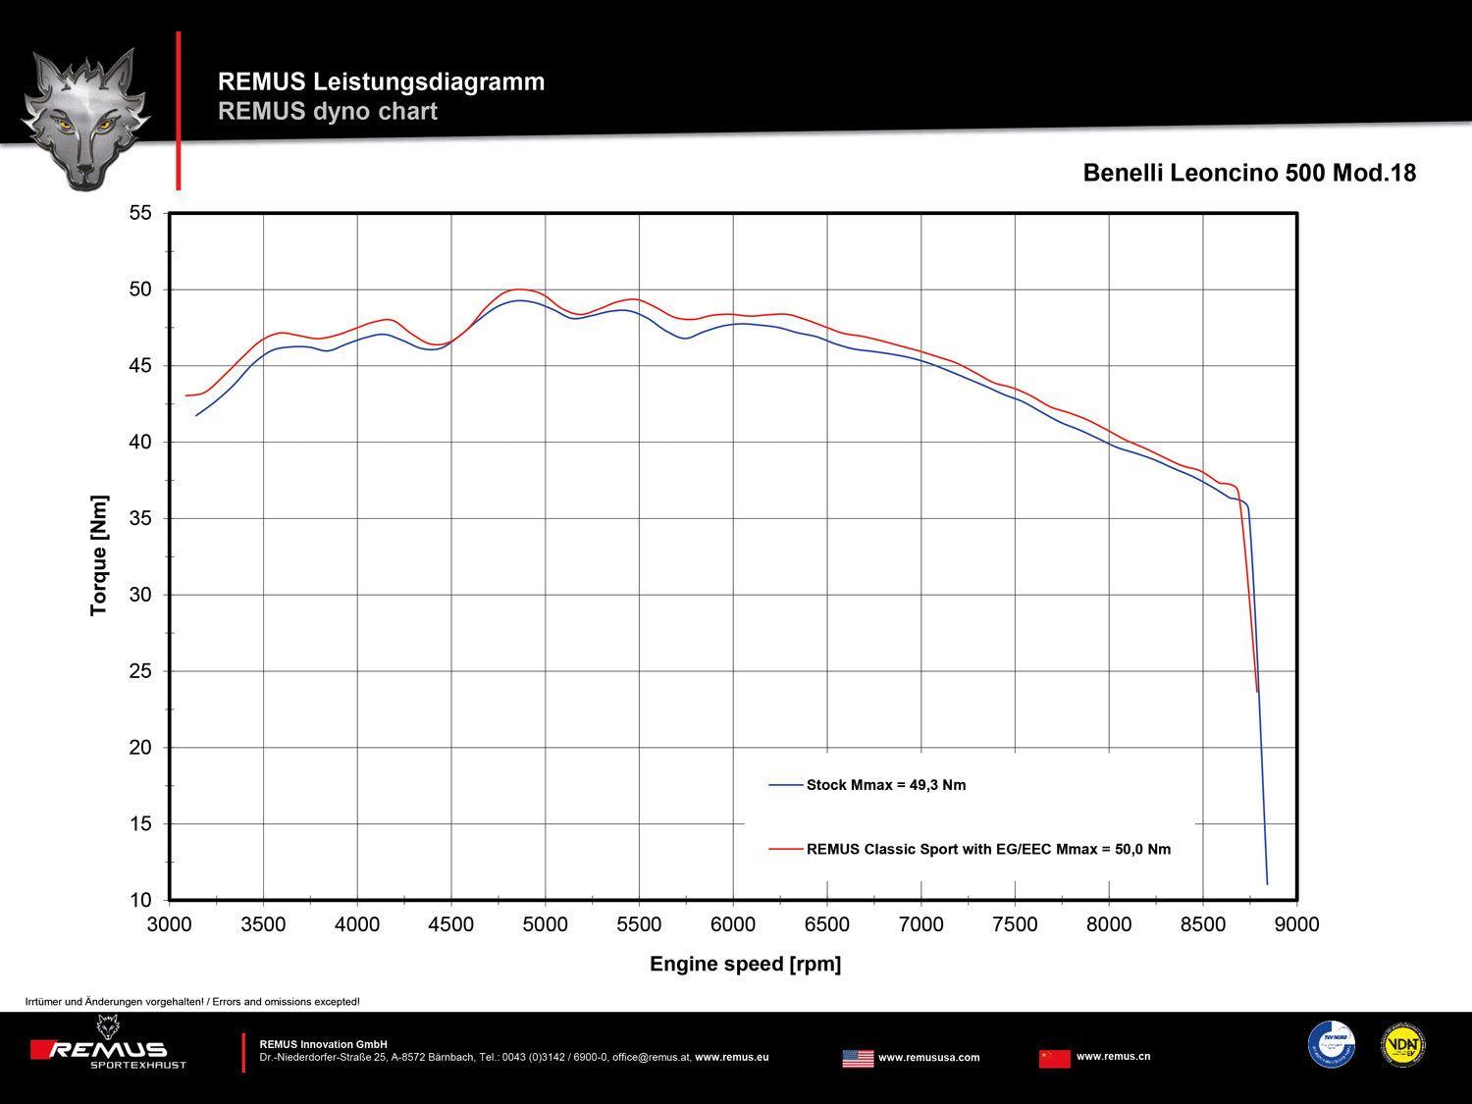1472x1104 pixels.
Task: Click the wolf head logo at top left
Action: click(85, 118)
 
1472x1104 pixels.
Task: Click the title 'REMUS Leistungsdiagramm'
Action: click(381, 81)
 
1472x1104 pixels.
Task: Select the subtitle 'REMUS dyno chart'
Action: click(328, 111)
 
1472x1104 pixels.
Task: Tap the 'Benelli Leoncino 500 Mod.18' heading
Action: click(1249, 173)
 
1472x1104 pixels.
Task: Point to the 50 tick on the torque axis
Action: click(141, 289)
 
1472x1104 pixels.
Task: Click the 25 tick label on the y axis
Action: click(141, 671)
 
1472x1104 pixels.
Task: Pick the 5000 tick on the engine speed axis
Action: click(545, 924)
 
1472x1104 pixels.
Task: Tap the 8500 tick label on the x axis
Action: click(1203, 924)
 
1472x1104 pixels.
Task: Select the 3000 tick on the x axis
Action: click(169, 924)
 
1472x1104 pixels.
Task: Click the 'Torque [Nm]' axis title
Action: click(99, 555)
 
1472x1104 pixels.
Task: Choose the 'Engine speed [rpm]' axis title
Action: click(745, 964)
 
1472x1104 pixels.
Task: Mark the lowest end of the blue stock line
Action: click(1267, 884)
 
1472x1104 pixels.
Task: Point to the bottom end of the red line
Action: click(1257, 692)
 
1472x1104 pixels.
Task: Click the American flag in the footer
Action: click(858, 1058)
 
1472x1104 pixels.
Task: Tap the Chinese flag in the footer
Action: click(1054, 1058)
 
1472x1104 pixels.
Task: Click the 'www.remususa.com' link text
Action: click(928, 1058)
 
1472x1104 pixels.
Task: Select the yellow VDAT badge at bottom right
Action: click(1402, 1045)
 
